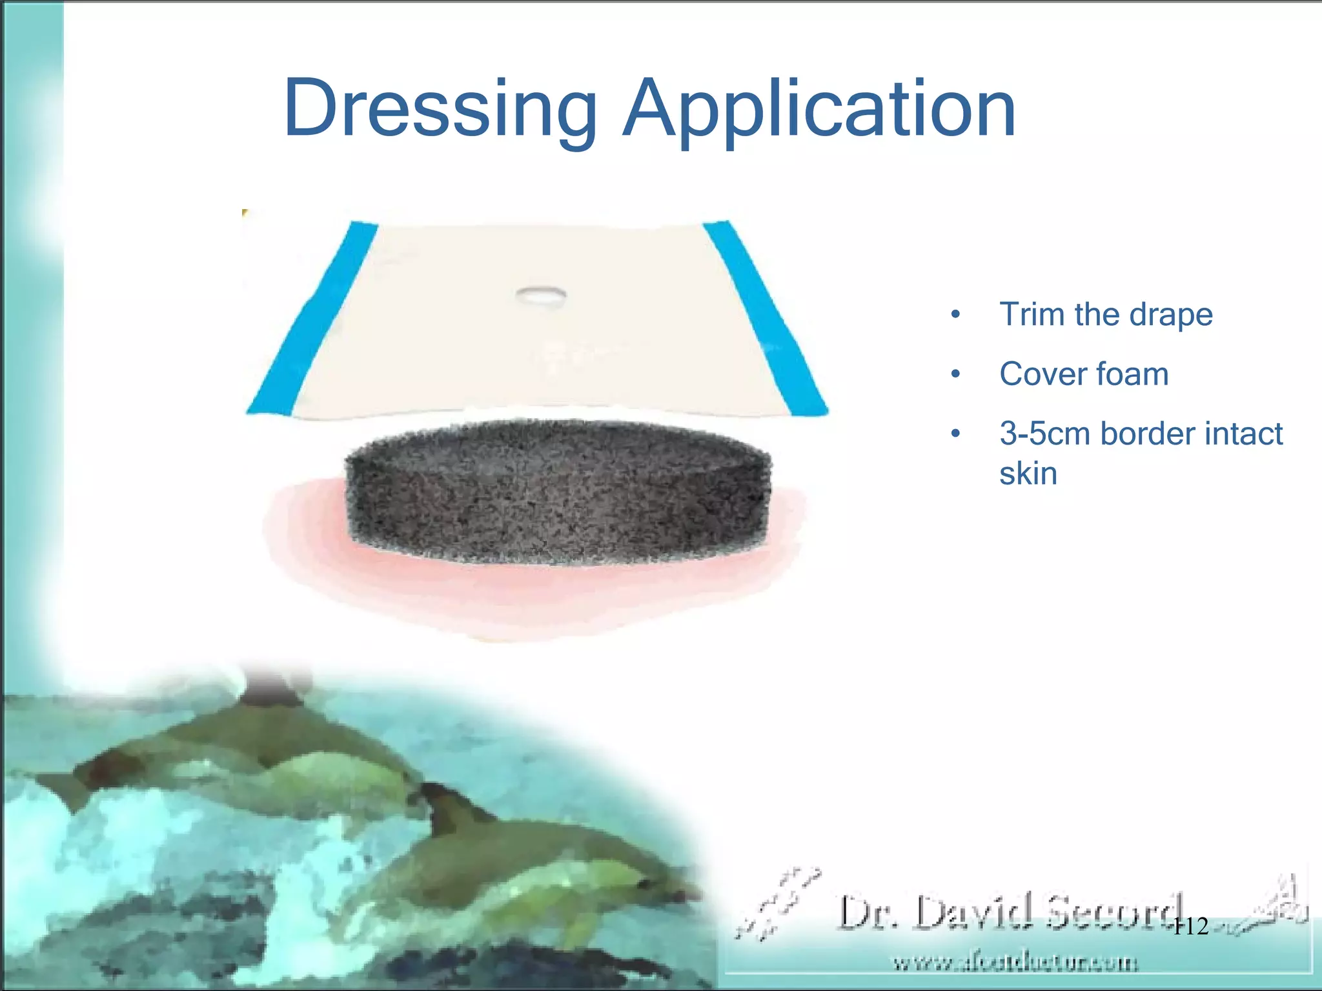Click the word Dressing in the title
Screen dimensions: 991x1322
click(440, 108)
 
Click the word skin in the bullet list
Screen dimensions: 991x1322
click(1028, 474)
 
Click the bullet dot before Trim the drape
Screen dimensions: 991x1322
click(956, 315)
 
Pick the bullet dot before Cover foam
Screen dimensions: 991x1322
click(956, 374)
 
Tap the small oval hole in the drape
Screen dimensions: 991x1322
click(541, 295)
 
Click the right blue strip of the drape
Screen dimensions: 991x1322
click(766, 316)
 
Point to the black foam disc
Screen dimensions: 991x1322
click(558, 494)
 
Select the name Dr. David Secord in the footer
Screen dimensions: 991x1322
click(1007, 912)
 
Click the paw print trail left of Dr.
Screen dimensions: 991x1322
click(778, 903)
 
